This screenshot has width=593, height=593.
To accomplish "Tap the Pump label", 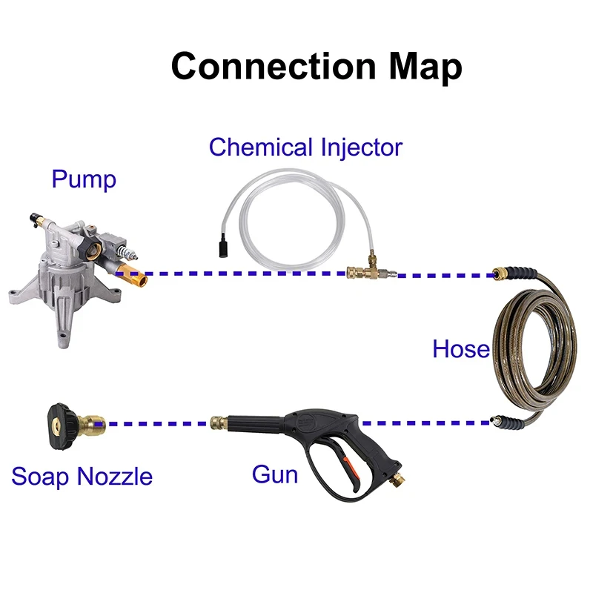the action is click(84, 180).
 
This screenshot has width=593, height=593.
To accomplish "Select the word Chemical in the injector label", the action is click(261, 147).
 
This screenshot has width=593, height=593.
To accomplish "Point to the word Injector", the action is click(362, 148).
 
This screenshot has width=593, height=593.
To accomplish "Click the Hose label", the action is click(461, 348).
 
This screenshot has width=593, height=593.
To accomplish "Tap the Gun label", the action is click(275, 474).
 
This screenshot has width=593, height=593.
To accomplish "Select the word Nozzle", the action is click(115, 476).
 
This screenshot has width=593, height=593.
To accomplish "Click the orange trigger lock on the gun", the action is click(350, 468).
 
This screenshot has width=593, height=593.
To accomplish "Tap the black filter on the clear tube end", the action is click(223, 246).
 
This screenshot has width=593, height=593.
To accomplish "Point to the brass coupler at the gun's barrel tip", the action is click(219, 422).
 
